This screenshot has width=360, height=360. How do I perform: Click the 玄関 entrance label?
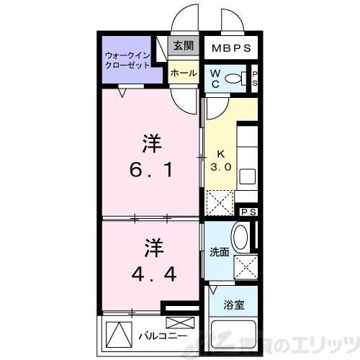tap(183, 46)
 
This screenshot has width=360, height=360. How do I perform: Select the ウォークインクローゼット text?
tap(127, 59)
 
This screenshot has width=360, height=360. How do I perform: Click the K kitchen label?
tap(222, 153)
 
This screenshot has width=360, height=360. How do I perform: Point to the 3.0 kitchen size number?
tap(220, 167)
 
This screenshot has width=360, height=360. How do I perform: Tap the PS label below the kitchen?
tap(248, 212)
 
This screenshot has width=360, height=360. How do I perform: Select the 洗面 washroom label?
tap(219, 253)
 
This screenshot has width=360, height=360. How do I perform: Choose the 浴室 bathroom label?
tap(233, 305)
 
